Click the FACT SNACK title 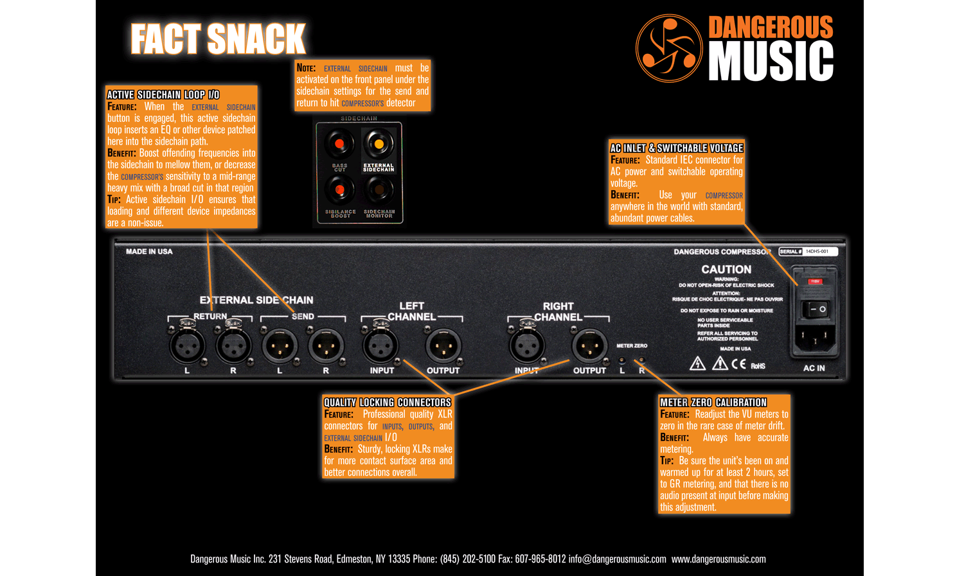pos(218,39)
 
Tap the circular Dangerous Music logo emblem pos(668,48)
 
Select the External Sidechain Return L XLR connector pos(187,347)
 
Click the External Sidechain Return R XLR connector pos(233,347)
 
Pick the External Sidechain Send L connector pos(280,347)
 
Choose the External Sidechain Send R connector pos(326,347)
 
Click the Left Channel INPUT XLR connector pos(381,347)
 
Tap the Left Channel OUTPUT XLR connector pos(443,347)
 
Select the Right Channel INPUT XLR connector pos(527,347)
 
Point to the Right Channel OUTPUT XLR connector pos(589,347)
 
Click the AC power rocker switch pos(817,309)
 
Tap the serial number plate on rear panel pos(808,252)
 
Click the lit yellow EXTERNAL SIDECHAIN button pos(379,144)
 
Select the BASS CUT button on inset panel pos(339,144)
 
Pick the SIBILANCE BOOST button pos(339,189)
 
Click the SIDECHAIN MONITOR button pos(379,189)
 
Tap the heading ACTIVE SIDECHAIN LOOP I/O pos(163,95)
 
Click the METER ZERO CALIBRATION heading pos(713,403)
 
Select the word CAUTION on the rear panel pos(726,270)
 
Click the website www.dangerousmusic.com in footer pos(719,559)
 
